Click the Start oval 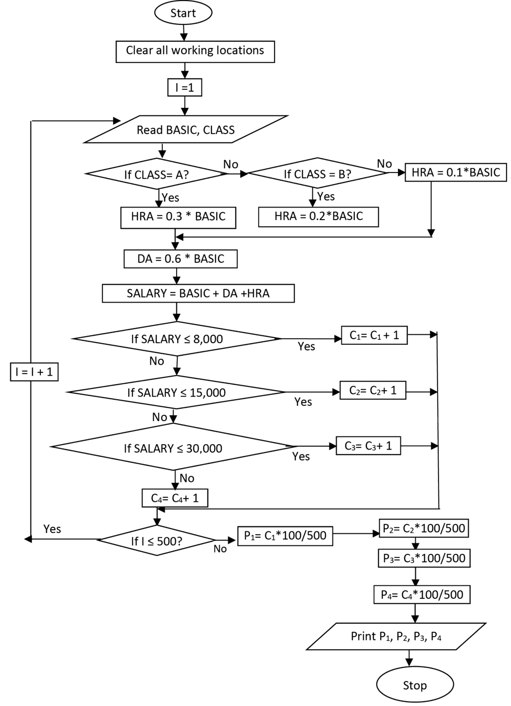click(x=183, y=13)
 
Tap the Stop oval click(x=415, y=685)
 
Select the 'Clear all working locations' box click(x=195, y=51)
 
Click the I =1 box click(x=185, y=88)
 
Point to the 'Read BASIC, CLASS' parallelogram click(x=186, y=130)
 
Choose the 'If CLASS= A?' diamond click(x=157, y=174)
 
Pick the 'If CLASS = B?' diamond click(x=317, y=174)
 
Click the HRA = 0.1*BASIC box click(x=456, y=173)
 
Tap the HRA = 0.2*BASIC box click(x=318, y=217)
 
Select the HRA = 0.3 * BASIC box click(x=178, y=217)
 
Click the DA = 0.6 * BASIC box click(x=181, y=259)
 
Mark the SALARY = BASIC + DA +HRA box click(x=198, y=293)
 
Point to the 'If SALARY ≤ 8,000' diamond click(x=177, y=339)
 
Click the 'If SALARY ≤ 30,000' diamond click(x=173, y=448)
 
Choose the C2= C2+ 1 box click(x=373, y=390)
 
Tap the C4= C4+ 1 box click(x=174, y=498)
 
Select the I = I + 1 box click(x=34, y=372)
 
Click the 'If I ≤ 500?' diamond click(x=157, y=540)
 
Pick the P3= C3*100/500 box click(x=424, y=558)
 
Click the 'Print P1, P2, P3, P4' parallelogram click(x=396, y=636)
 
